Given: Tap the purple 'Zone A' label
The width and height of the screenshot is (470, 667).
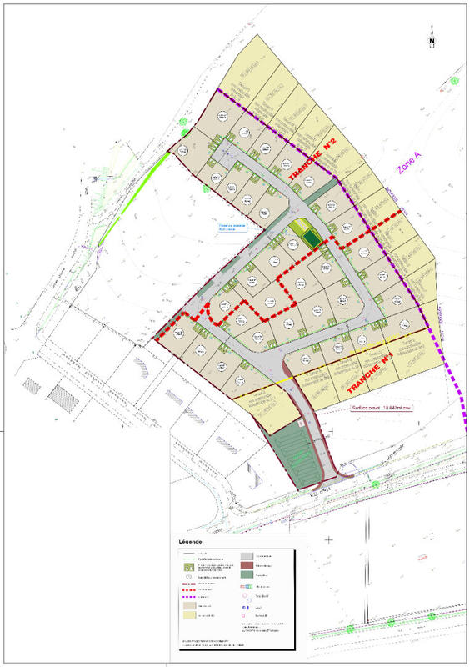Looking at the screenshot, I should pos(408,170).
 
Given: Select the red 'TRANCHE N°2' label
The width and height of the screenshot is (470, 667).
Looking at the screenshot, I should pos(312,161).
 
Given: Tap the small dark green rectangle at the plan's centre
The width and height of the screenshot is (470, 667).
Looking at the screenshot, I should pos(312,240).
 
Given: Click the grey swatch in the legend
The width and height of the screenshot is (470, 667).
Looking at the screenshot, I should pos(247,555).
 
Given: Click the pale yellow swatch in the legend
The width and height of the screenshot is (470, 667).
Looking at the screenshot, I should pos(189,616).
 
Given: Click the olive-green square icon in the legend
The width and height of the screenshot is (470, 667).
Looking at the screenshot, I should pos(189,565).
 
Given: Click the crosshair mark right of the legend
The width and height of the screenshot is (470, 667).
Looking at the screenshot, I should pos(331,540).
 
